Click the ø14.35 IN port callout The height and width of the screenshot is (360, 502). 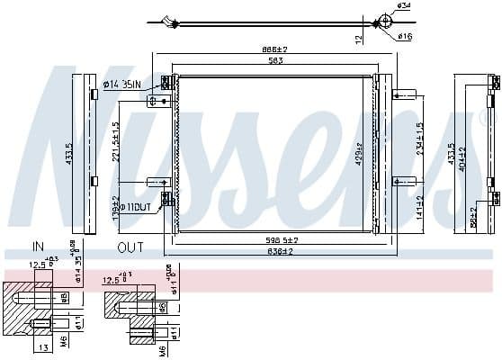[124, 85]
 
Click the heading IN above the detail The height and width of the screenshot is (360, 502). [38, 246]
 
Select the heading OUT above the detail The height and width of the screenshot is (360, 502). [131, 246]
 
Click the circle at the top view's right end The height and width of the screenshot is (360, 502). [384, 21]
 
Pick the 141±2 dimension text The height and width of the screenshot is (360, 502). [419, 207]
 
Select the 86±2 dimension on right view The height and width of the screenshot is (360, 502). [473, 217]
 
